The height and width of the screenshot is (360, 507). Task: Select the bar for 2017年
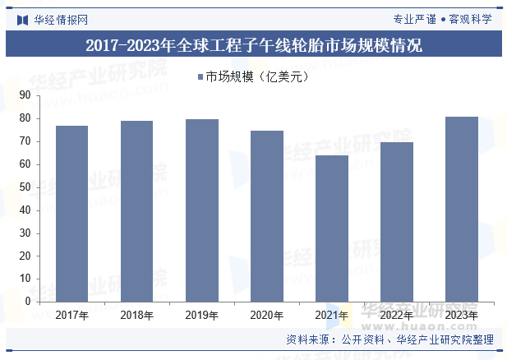(x=72, y=214)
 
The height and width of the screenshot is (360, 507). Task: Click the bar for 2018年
(x=136, y=211)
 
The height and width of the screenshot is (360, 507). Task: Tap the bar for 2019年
(x=201, y=210)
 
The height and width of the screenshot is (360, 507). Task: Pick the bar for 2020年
(x=266, y=216)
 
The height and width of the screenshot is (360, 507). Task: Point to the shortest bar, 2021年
(x=331, y=228)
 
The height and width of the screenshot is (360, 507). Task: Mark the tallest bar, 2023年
(x=461, y=209)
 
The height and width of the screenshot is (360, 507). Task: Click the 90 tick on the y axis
(x=25, y=95)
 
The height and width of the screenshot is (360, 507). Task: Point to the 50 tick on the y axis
(x=25, y=187)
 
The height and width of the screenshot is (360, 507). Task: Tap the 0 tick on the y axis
(x=28, y=302)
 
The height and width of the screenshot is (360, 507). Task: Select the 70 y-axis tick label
(x=25, y=141)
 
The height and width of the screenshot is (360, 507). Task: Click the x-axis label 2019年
(x=201, y=315)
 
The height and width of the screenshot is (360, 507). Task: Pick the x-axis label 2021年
(x=331, y=315)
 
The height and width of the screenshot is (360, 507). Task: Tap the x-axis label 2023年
(x=461, y=315)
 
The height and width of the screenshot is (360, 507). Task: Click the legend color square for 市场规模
(x=200, y=77)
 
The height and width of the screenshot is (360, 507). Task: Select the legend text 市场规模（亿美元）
(x=256, y=77)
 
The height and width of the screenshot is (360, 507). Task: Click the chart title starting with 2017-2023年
(x=253, y=45)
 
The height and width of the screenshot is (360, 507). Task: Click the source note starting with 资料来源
(x=389, y=339)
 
